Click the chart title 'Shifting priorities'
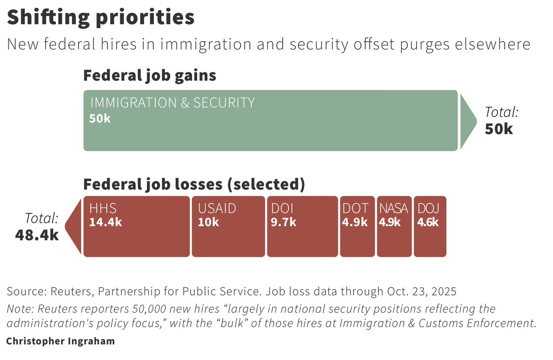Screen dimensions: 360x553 (100, 18)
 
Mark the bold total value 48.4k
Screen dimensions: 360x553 (37, 235)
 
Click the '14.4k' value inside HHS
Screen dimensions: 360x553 (106, 222)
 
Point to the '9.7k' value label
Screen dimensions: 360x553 (283, 222)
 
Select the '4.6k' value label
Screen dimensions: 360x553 (428, 222)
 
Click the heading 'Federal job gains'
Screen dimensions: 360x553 (149, 76)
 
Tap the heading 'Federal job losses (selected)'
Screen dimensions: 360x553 (194, 184)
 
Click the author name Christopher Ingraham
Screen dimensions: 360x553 (60, 342)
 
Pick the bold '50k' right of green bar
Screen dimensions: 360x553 (499, 129)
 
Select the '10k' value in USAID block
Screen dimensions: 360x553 (209, 222)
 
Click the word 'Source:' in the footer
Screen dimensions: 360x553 (25, 292)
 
